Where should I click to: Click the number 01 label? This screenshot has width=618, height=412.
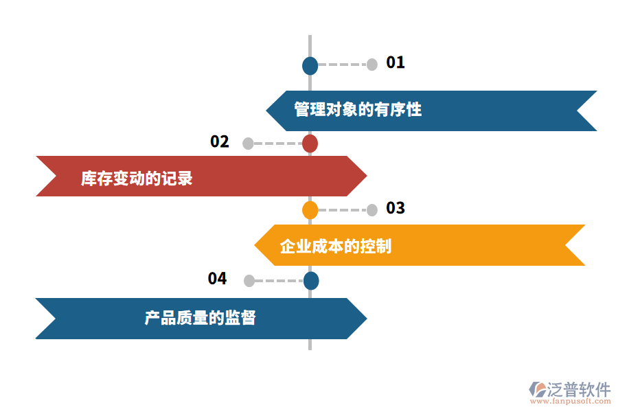(x=396, y=63)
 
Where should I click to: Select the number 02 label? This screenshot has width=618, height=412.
(x=220, y=142)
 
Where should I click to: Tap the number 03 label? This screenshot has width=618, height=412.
(x=396, y=208)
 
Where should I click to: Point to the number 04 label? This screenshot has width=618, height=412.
(x=218, y=279)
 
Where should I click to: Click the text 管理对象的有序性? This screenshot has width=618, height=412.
(x=358, y=110)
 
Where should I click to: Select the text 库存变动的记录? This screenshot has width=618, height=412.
(x=137, y=179)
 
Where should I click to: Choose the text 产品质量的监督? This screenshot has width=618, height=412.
(x=200, y=318)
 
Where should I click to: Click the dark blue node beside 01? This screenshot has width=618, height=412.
(x=310, y=65)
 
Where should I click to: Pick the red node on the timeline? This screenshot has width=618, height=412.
(x=310, y=144)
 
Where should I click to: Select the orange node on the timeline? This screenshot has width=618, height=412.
(x=310, y=210)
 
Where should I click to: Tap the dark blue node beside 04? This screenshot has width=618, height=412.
(x=311, y=280)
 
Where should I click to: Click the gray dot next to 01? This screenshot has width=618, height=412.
(x=372, y=65)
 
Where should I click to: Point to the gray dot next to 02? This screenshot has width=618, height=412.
(x=248, y=144)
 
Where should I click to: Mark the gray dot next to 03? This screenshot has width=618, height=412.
(x=372, y=210)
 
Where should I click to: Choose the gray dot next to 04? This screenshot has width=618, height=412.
(x=249, y=280)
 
